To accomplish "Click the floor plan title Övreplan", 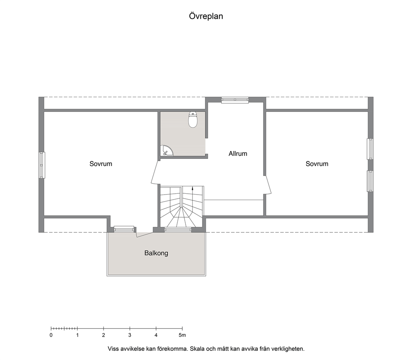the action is pos(206,16).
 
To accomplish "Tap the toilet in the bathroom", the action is pos(193,120).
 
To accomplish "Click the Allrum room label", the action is pos(238,153).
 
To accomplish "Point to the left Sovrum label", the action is pos(101,164).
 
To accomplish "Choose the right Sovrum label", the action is pos(317,164).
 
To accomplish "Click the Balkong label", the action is pos(156,253).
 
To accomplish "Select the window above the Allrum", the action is pos(235,100).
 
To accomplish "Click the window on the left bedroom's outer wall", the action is pos(42,165).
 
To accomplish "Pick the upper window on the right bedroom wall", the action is pos(370,149).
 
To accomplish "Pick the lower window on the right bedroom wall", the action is pos(370,181).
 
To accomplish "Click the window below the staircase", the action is pos(178,229).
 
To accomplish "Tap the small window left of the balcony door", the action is pos(124,229).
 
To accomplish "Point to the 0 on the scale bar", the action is pos(51,335).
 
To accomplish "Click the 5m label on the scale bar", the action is pos(182,335).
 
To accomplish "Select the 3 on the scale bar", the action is pos(130,335).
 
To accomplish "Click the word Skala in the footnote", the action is pos(197,349).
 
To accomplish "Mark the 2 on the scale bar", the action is pos(103,335).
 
